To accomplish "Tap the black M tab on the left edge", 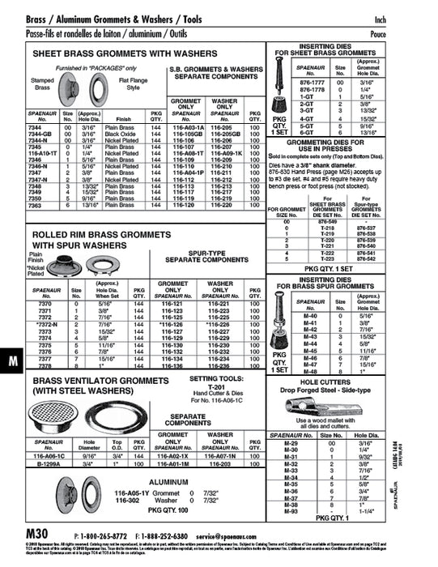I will pos(13,361).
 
